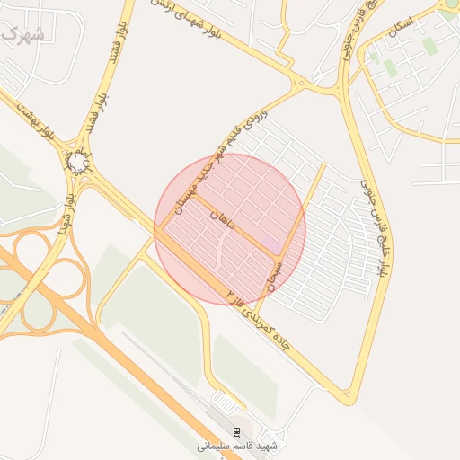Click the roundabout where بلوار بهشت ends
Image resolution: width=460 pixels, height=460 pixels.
80,162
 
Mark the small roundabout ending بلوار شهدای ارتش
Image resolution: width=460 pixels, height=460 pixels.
302,86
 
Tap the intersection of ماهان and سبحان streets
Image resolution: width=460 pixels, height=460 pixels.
279,254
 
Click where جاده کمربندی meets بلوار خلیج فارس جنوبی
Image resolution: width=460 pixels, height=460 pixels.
347,395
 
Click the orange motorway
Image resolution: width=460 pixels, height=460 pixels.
117,359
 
